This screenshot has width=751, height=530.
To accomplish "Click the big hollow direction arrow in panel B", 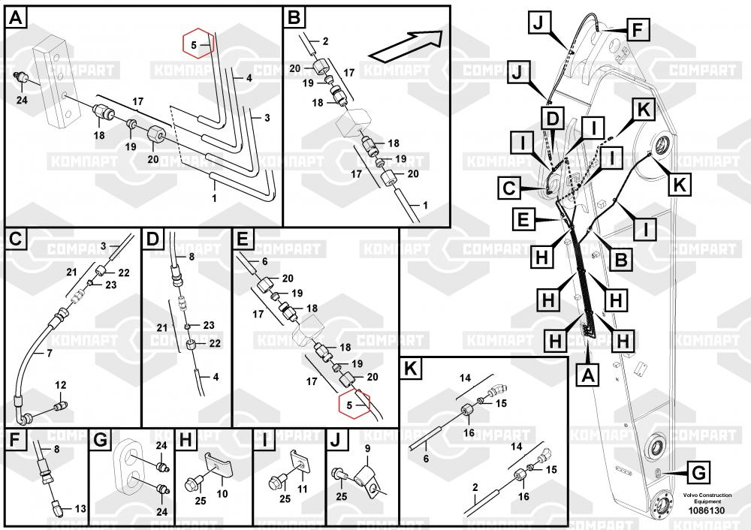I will tap(406, 44).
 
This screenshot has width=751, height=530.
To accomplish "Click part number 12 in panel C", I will tap(61, 385).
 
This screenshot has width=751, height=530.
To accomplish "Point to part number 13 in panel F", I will tap(80, 508).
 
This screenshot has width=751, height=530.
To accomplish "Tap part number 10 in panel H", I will tap(222, 493).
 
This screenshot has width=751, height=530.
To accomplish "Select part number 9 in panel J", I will tap(368, 450).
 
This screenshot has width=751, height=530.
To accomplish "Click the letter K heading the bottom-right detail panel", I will tap(410, 369).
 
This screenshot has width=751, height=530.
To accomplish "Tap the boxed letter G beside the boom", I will tap(698, 473).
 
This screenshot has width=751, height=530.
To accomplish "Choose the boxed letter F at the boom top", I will tap(636, 31).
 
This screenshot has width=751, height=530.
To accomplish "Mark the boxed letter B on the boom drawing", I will tap(621, 260).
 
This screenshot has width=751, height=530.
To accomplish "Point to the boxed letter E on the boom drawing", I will tap(523, 219).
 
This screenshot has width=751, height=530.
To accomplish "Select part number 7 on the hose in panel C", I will tap(50, 352).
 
